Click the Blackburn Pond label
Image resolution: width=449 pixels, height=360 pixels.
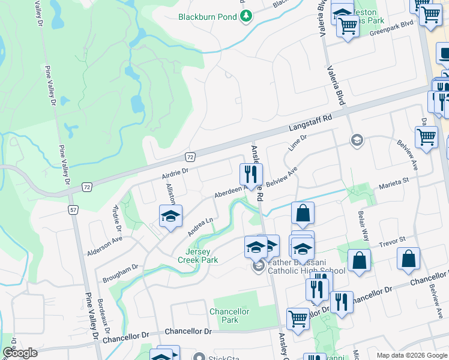207,17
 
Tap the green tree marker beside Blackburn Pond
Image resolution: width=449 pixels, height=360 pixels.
245,16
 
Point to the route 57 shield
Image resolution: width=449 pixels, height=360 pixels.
73,210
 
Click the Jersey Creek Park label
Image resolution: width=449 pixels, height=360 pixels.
197,256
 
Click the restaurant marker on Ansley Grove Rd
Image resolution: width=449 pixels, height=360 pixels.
251,174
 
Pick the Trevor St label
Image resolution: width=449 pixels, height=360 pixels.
393,242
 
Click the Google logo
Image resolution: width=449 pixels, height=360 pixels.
20,353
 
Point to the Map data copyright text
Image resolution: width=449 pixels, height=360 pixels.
411,355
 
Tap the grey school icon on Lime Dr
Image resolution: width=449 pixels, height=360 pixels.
357,140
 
